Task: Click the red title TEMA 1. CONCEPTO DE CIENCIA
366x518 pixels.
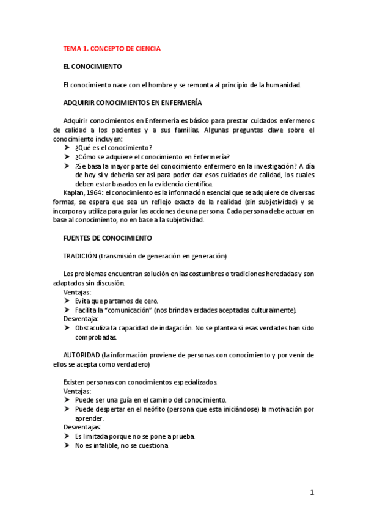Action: click(112, 49)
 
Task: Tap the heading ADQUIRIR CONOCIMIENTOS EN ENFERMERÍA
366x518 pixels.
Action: click(133, 103)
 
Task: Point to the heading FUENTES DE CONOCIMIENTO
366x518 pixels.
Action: click(108, 238)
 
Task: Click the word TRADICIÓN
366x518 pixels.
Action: click(80, 255)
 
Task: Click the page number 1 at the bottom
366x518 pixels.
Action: click(312, 492)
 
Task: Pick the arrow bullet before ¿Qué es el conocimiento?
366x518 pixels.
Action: click(67, 148)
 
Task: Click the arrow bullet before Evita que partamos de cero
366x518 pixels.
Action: click(67, 301)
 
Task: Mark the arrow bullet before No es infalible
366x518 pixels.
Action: click(67, 446)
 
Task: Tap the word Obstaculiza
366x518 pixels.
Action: click(95, 328)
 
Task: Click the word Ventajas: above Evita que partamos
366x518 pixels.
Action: click(77, 292)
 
